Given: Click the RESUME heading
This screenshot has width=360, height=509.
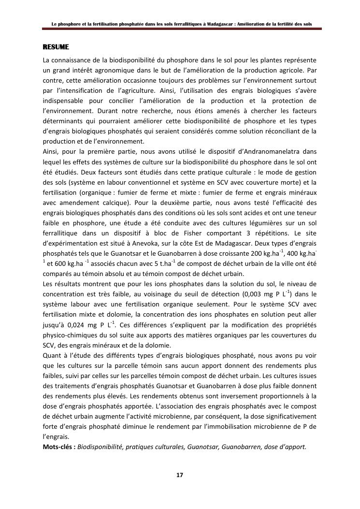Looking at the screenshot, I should tap(56, 47).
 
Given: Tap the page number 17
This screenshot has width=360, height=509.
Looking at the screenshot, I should tap(179, 475).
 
